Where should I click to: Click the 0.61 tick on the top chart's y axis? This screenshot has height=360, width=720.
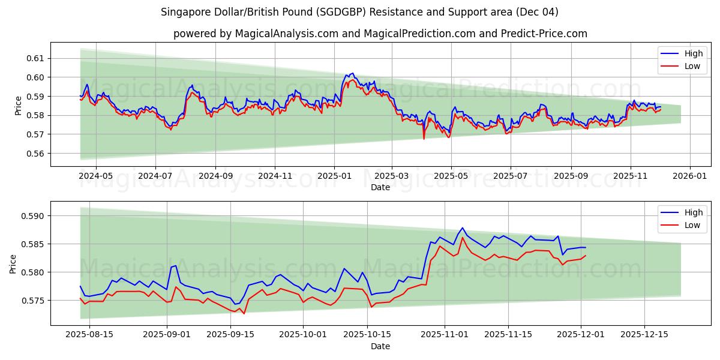[36, 58]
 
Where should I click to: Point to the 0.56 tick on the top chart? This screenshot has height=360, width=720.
[36, 154]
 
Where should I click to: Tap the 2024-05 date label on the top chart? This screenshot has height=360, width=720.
[96, 176]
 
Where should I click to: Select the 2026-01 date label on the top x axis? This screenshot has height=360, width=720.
[689, 176]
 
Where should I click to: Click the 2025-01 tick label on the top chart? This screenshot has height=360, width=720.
[334, 176]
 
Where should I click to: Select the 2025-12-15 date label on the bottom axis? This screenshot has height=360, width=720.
[644, 335]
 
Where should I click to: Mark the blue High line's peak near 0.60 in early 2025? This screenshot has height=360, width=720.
[352, 73]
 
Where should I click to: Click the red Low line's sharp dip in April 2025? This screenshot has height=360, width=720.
[424, 139]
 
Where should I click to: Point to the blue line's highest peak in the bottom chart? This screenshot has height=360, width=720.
[462, 228]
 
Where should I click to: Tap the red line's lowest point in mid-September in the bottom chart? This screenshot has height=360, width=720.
[244, 313]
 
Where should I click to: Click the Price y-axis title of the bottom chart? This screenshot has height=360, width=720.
[14, 263]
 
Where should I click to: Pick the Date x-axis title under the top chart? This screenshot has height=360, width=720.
[380, 187]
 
